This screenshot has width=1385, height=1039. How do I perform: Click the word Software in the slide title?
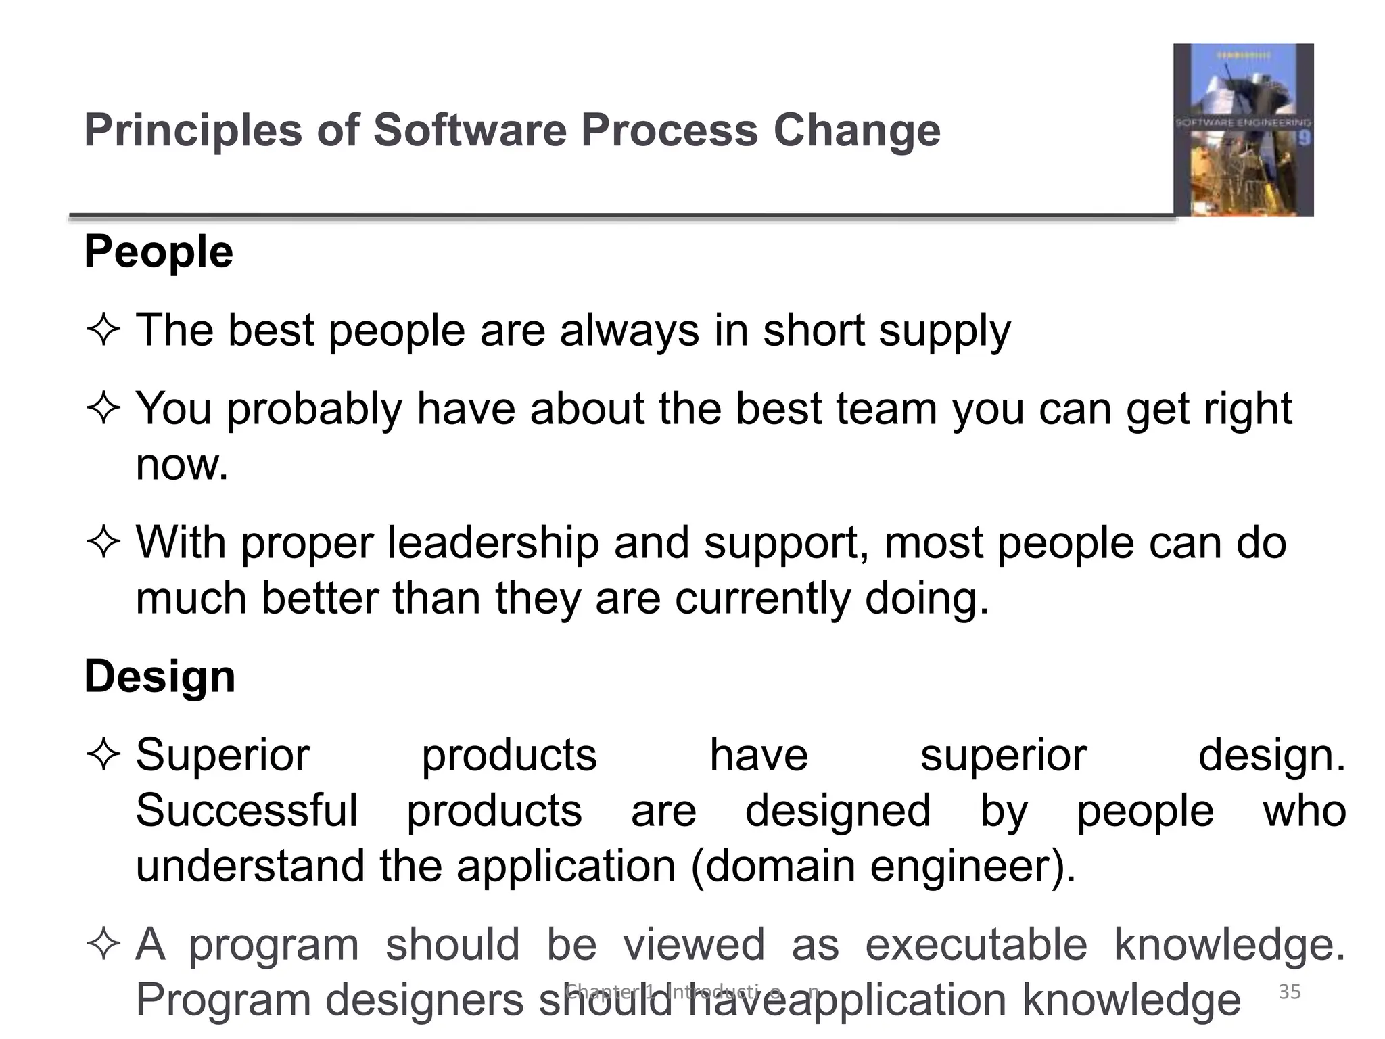[469, 130]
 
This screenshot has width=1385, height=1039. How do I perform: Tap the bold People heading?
[159, 252]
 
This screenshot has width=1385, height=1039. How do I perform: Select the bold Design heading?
[160, 676]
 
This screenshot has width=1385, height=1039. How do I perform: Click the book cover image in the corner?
[1243, 130]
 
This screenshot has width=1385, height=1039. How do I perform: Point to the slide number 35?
[1290, 992]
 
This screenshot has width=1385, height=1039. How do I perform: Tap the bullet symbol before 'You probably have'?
[103, 409]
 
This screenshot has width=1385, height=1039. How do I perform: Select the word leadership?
[493, 543]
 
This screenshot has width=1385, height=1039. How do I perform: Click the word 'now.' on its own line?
[182, 465]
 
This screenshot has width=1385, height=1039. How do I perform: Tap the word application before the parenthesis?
[566, 866]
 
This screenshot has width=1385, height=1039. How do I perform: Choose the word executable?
[976, 944]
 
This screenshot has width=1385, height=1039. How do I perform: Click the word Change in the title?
[857, 130]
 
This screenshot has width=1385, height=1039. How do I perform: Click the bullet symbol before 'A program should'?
[103, 944]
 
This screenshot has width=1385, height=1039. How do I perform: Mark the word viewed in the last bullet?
[694, 944]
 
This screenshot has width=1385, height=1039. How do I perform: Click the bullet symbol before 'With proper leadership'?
[103, 543]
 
